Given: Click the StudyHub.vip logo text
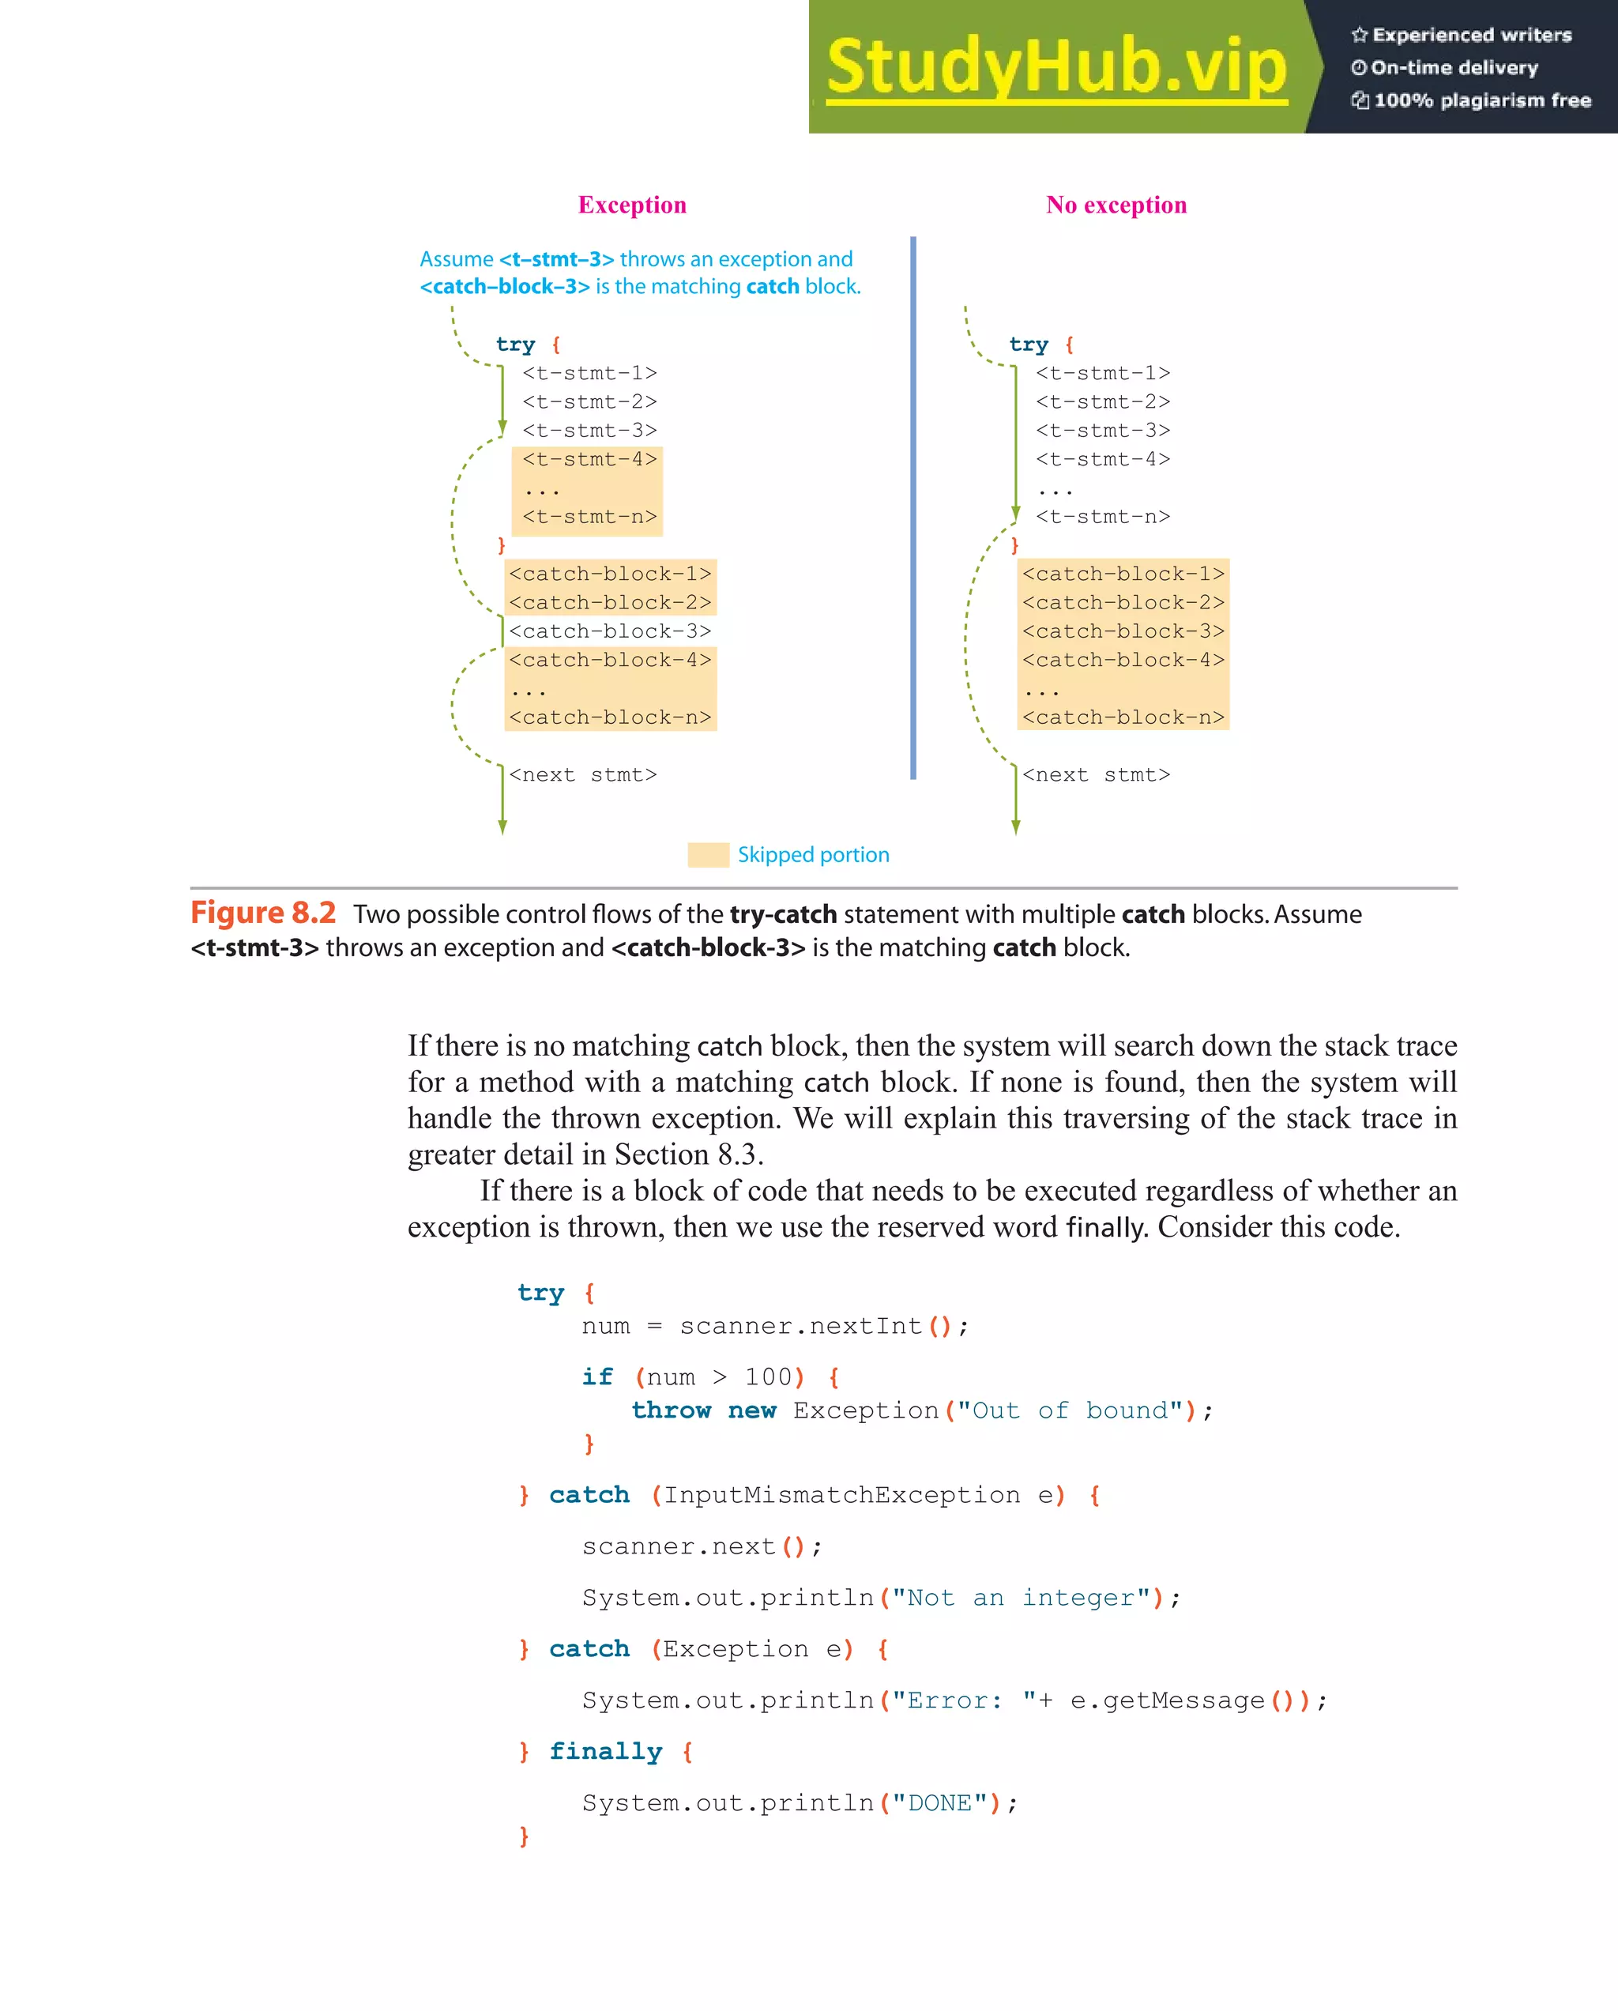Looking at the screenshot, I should point(1055,67).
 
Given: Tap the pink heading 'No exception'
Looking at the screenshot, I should point(1116,205).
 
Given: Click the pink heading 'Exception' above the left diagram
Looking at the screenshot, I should point(632,205).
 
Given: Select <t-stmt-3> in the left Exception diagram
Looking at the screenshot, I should point(589,431).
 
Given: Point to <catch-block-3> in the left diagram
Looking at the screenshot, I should point(610,631).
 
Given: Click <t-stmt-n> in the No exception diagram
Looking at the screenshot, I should point(1102,517).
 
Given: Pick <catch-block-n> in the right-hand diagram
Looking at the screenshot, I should point(1123,717).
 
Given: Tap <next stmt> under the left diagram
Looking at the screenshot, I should point(583,775).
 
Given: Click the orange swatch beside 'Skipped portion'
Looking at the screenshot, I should point(708,854).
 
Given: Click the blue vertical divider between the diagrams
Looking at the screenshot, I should point(913,508).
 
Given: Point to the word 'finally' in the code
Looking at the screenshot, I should point(605,1752).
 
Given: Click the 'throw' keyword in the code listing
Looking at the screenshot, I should point(671,1410).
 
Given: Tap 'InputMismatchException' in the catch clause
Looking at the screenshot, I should point(841,1495).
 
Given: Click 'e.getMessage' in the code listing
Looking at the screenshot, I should point(1167,1700).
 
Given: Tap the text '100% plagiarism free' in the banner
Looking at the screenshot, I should point(1482,100).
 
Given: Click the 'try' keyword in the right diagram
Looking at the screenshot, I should point(1029,345).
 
